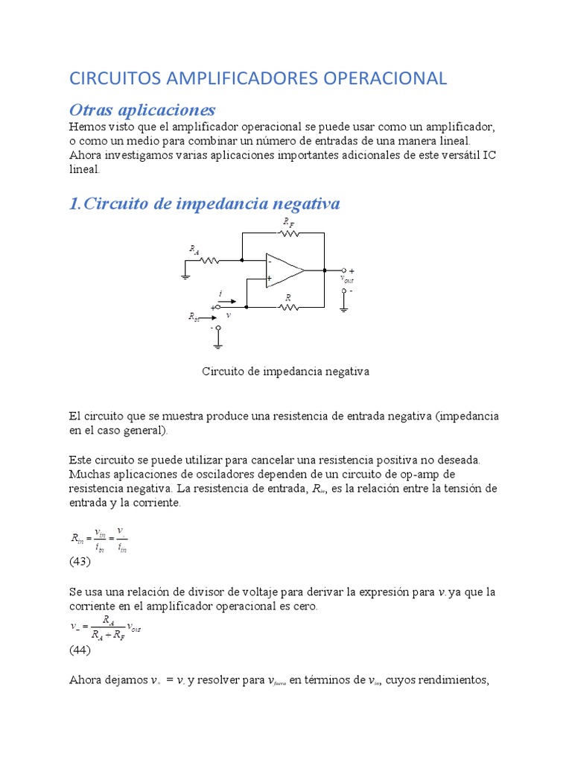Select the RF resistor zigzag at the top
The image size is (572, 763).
(288, 232)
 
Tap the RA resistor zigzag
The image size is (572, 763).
(209, 261)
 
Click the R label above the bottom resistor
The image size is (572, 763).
(287, 297)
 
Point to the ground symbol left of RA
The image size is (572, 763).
(185, 275)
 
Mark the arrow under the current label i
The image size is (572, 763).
(227, 302)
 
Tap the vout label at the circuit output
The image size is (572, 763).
(347, 279)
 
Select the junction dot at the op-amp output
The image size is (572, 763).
(325, 270)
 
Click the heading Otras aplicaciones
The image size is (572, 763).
(142, 110)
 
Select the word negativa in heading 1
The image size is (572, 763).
(303, 203)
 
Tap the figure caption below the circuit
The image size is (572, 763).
(286, 370)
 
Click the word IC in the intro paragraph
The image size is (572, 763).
(489, 155)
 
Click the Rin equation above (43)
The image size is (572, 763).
(99, 539)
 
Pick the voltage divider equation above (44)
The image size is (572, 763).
(104, 627)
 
